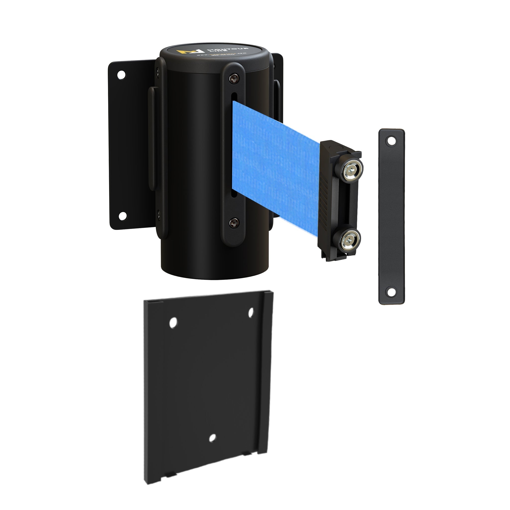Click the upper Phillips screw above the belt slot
(x=233, y=78)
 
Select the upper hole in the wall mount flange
(x=122, y=75)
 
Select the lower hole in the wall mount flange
(x=122, y=216)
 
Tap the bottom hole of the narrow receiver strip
(x=391, y=292)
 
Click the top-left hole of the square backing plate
(x=173, y=323)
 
